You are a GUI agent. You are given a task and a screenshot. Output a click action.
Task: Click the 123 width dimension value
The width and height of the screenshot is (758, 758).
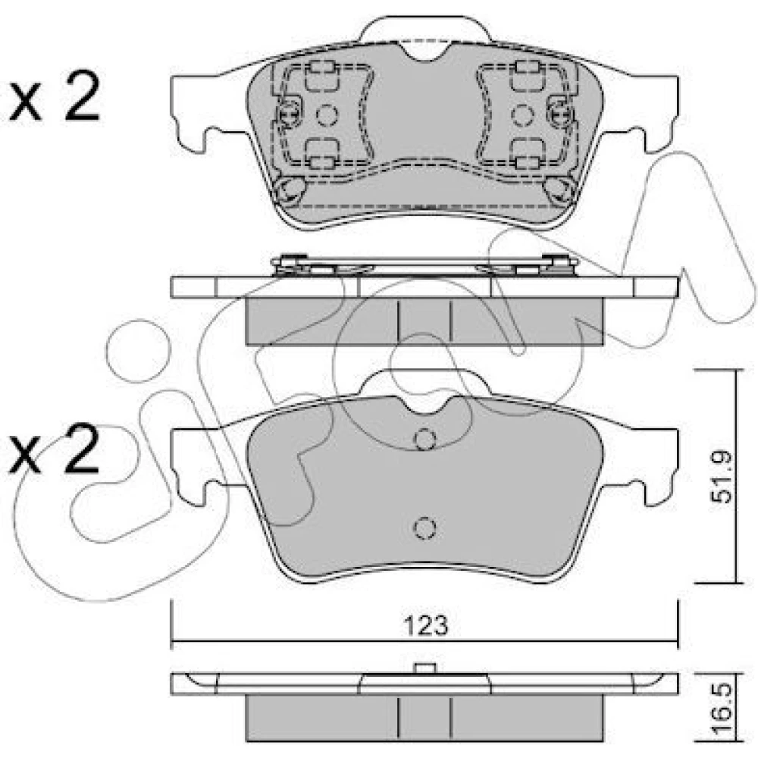tap(426, 625)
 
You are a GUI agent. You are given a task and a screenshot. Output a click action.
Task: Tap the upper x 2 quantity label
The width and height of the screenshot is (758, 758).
tap(54, 96)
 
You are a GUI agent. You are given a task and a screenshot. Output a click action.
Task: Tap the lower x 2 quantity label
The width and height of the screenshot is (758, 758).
tap(54, 448)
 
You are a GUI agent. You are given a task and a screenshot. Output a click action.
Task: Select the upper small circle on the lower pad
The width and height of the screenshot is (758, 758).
tap(425, 440)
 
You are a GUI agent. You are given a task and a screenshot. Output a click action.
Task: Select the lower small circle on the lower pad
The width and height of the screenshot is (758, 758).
tap(425, 528)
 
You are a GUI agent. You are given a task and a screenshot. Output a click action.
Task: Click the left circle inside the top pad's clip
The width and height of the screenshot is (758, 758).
tap(327, 115)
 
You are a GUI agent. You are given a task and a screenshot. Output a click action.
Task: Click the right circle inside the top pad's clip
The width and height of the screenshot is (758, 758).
tap(522, 115)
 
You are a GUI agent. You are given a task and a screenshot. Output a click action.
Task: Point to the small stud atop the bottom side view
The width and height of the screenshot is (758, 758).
tap(425, 668)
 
